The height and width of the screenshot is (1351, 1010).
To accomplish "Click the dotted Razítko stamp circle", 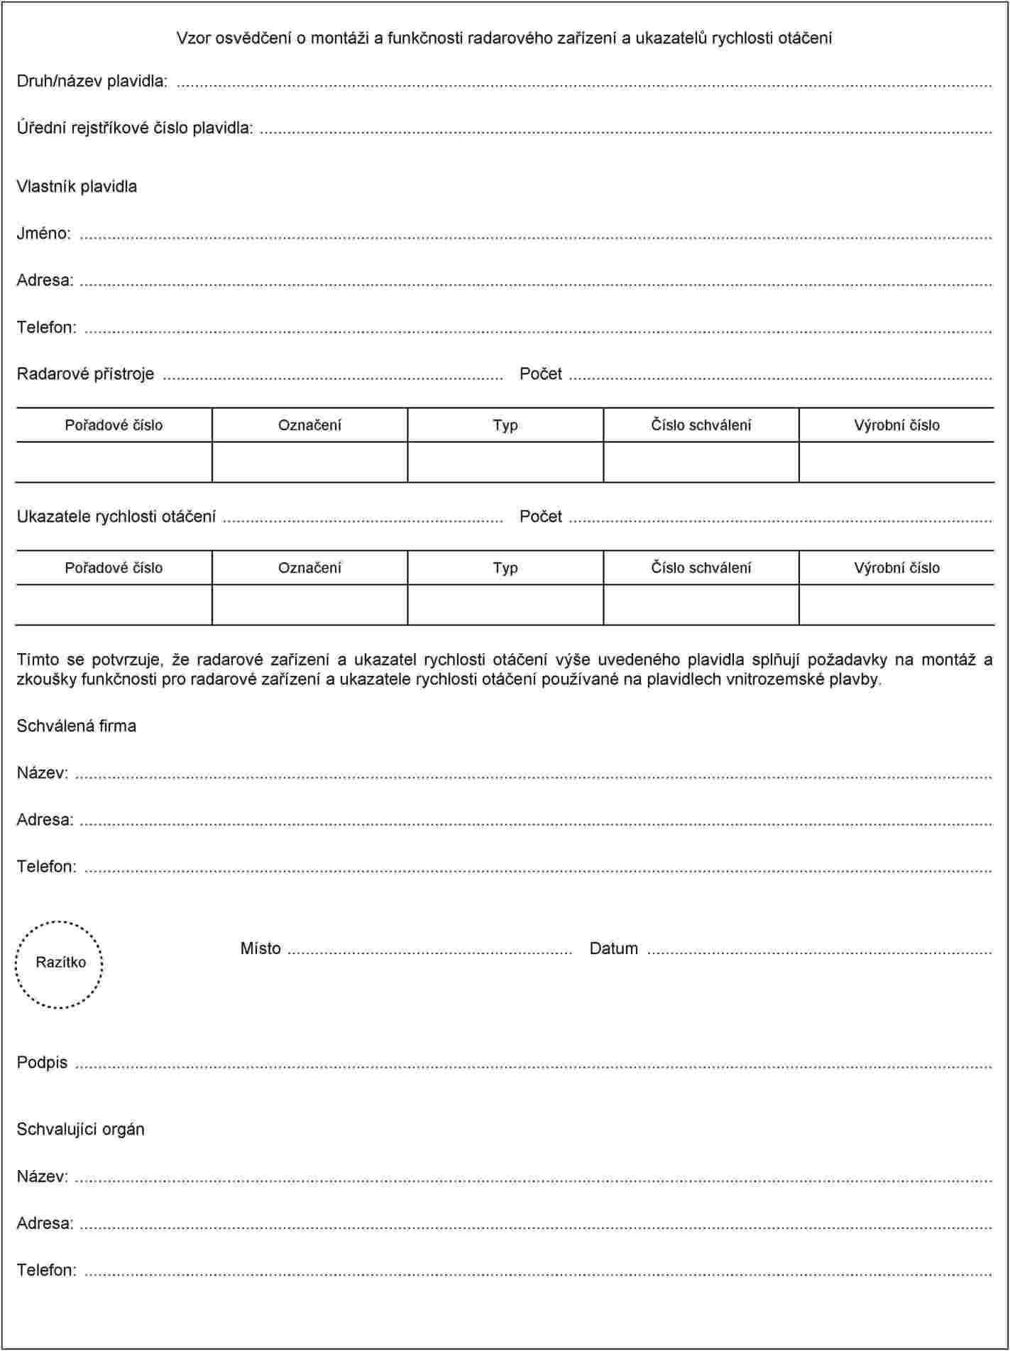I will pos(60,963).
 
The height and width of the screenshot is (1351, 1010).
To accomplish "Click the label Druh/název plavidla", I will pos(92,81).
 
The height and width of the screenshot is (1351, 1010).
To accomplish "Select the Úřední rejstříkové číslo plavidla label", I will pos(135,128).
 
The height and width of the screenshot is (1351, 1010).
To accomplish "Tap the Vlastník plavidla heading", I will pos(77,187).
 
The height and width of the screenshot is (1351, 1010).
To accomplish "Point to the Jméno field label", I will pos(43,234).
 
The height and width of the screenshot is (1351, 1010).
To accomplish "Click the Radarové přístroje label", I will pos(85,374).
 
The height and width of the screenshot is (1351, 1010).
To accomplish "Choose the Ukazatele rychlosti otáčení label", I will pos(116,517).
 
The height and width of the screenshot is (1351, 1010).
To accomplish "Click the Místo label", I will pos(260,949).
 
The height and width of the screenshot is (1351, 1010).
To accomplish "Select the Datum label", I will pos(613,949).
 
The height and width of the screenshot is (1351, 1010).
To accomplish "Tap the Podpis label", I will pos(42,1063).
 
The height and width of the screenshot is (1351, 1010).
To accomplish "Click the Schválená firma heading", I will pos(76,726).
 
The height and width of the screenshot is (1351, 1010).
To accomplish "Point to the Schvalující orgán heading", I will pos(80,1130).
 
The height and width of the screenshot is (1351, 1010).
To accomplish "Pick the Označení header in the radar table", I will pos(309,425).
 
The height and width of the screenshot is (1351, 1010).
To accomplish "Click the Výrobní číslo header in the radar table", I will pos(896,425).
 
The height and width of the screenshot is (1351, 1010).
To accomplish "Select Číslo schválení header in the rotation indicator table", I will pos(701,568).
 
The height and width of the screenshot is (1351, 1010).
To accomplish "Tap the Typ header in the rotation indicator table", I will pos(505,568).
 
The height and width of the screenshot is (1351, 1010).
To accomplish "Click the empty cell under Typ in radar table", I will pos(505,462).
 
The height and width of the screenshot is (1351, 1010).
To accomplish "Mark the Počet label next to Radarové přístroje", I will pos(540,374).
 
